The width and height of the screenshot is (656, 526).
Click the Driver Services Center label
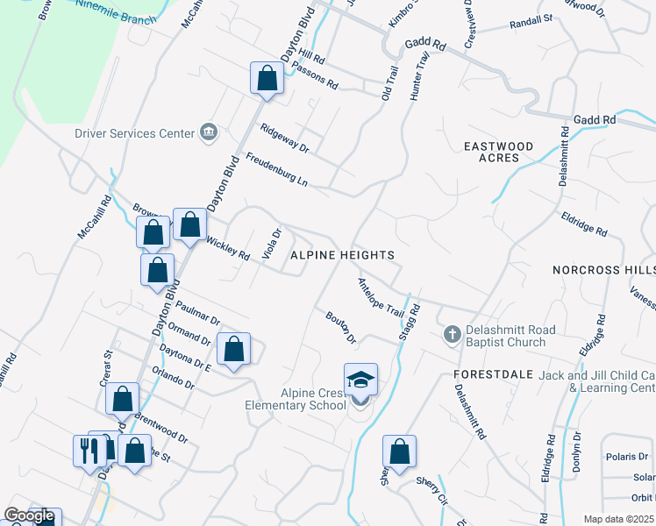click(134, 133)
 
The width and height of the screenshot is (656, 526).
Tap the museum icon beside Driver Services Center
click(209, 132)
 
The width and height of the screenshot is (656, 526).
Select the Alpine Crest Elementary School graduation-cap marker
click(360, 380)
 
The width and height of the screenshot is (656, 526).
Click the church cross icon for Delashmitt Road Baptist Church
click(453, 333)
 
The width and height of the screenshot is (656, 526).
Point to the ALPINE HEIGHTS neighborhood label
click(342, 254)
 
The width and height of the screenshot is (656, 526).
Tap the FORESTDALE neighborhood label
click(494, 373)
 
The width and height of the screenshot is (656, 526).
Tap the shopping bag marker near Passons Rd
click(267, 79)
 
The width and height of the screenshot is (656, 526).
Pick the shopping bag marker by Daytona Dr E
click(233, 350)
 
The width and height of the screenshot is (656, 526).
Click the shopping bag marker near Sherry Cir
click(399, 452)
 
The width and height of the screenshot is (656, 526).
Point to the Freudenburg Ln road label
click(277, 169)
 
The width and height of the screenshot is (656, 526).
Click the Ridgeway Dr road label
click(285, 138)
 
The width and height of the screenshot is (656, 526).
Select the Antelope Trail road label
click(380, 297)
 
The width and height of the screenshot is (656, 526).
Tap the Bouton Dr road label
click(340, 326)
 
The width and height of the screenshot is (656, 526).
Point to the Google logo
click(28, 516)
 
